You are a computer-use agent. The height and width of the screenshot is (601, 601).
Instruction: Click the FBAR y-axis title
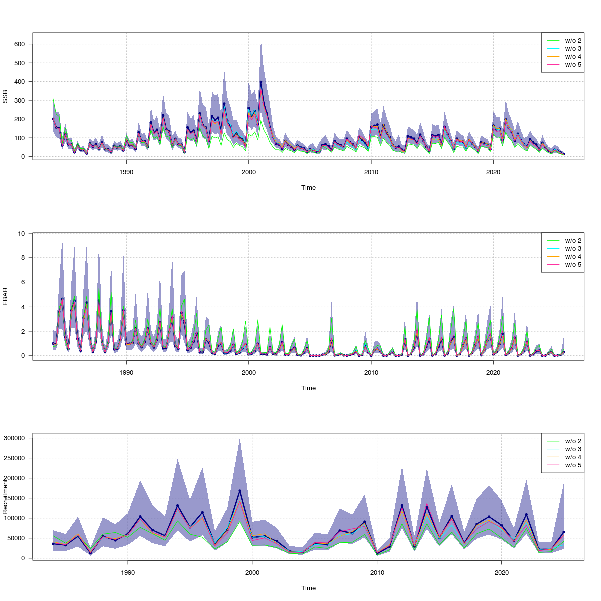(5, 296)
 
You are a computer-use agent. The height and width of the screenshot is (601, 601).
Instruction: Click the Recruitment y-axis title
(5, 496)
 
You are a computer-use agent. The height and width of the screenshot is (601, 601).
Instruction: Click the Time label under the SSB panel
(308, 188)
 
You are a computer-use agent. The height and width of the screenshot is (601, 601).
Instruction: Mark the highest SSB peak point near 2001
(261, 82)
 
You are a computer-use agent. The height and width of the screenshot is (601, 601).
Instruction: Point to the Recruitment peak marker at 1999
(240, 491)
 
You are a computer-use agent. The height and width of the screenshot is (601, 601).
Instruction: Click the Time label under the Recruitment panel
(308, 588)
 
